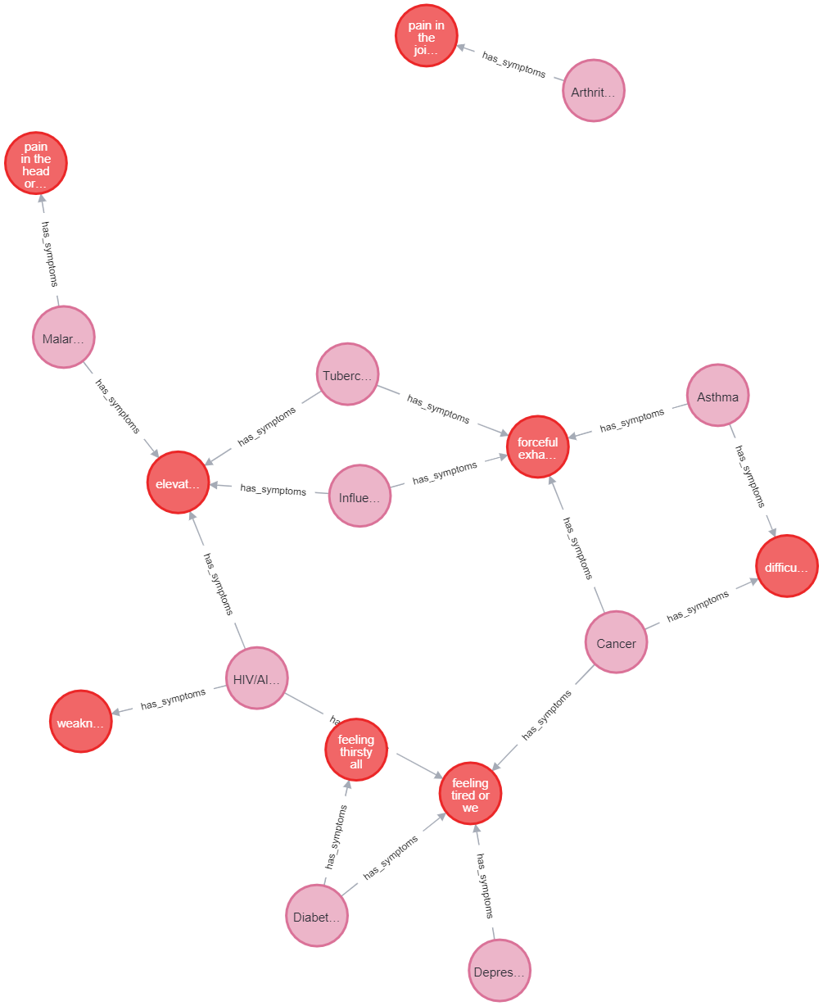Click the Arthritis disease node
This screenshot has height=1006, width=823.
pos(594,91)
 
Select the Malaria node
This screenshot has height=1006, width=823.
pos(64,338)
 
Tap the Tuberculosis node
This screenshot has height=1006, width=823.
pos(347,375)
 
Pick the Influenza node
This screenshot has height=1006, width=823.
pos(359,496)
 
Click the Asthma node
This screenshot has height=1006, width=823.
pos(717,396)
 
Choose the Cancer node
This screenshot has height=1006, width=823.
pos(616,642)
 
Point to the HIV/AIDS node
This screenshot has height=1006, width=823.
pos(256,678)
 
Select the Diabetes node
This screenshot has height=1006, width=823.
pos(317,916)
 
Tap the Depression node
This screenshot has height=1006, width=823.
pos(500,971)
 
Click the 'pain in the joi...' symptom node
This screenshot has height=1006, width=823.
pos(426,36)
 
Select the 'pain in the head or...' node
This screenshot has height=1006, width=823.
pos(36,163)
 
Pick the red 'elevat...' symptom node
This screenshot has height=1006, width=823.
pos(178,483)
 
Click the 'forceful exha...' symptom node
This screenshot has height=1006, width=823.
pos(537,446)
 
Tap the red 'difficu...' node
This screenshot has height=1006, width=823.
pos(786,566)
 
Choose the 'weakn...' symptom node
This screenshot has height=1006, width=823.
pos(81,722)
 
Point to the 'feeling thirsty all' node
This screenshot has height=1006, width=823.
pos(355,750)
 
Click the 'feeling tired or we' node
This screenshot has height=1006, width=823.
pos(470,794)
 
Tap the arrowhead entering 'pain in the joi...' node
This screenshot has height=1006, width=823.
pos(462,48)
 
